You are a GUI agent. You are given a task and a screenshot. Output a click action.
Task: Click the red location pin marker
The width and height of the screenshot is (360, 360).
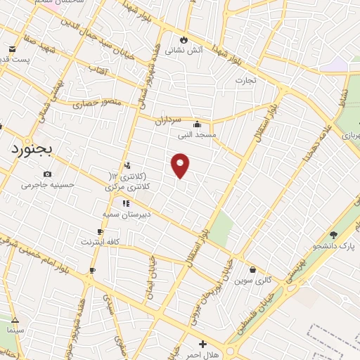(x=181, y=165)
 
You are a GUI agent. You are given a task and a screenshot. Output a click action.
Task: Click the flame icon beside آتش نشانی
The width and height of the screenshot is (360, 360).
(x=184, y=39)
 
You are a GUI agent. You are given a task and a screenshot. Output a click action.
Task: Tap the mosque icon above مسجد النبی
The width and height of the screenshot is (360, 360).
(x=205, y=124)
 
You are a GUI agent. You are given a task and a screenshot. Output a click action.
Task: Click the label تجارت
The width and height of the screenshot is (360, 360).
(x=245, y=81)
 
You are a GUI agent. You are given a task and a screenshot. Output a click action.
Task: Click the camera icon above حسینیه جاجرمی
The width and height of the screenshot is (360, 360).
(x=47, y=174)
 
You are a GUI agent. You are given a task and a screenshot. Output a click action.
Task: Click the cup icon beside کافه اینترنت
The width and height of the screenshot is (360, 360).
(x=101, y=231)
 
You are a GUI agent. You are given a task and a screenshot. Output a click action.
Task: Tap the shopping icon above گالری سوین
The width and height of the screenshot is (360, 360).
(x=252, y=269)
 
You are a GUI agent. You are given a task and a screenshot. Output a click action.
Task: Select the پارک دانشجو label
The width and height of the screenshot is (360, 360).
(x=334, y=247)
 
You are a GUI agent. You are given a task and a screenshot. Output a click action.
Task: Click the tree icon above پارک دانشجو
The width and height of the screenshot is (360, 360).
(x=333, y=236)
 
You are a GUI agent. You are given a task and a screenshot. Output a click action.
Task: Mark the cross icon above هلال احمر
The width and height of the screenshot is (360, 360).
(x=202, y=344)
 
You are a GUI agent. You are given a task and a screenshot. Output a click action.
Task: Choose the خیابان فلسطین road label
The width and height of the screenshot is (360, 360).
(x=263, y=316)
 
